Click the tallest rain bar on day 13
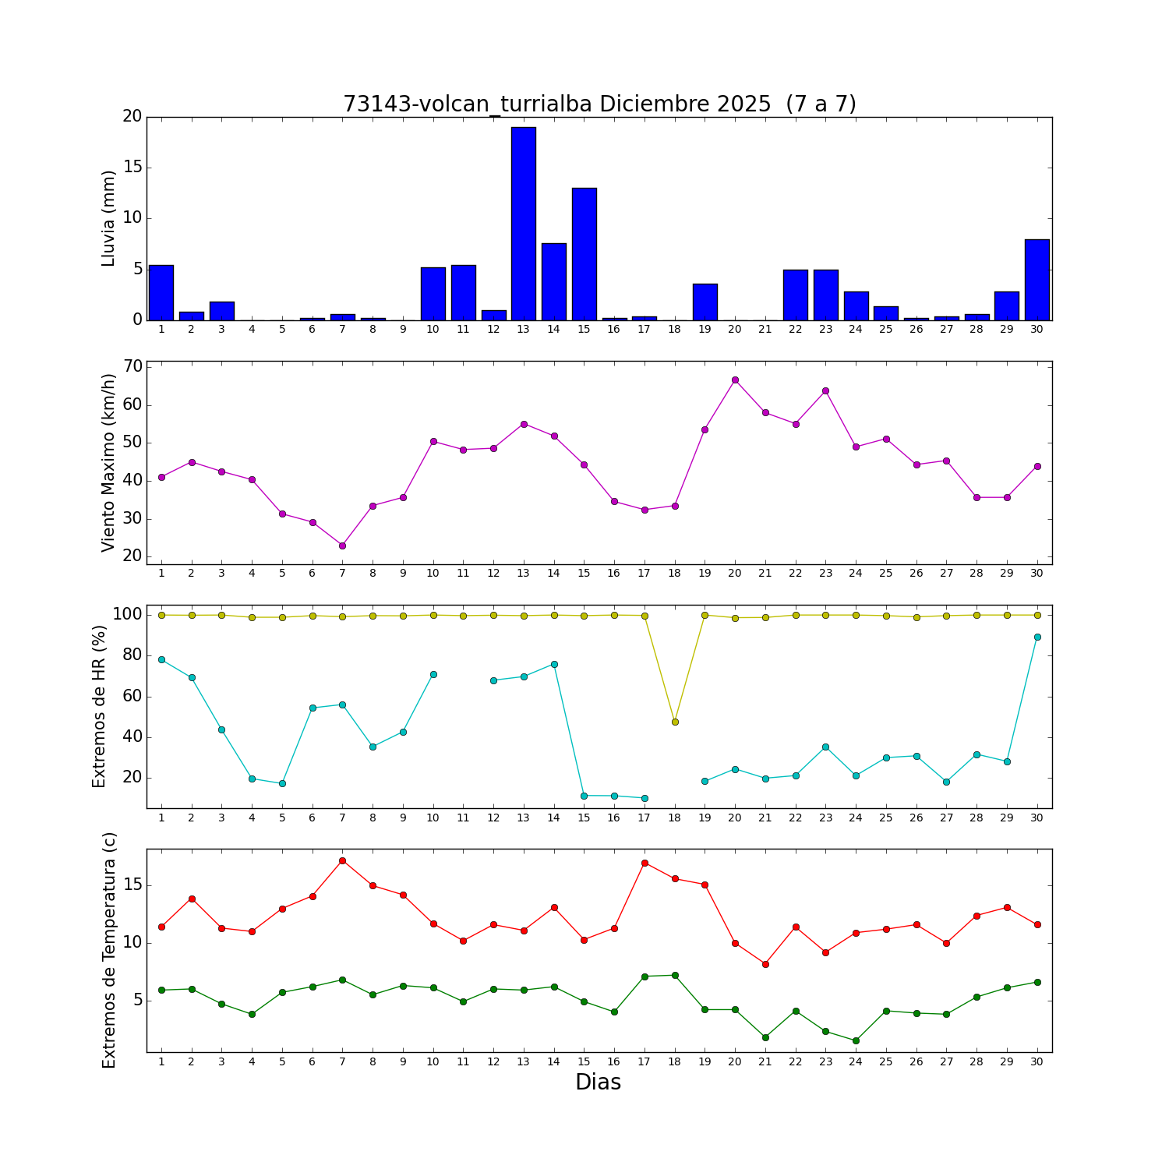click(x=523, y=223)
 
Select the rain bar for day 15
click(x=584, y=253)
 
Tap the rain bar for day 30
click(x=1037, y=279)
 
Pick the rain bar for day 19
click(x=705, y=302)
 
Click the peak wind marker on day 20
click(x=735, y=380)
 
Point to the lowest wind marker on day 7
click(x=342, y=546)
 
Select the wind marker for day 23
click(x=825, y=390)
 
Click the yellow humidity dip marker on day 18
click(x=675, y=722)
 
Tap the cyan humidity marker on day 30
click(x=1037, y=637)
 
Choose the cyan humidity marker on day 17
click(x=645, y=798)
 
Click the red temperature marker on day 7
click(x=342, y=860)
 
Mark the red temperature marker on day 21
click(x=765, y=964)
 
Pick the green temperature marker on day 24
click(x=856, y=1040)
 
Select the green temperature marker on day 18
click(x=675, y=975)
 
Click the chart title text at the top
click(x=599, y=104)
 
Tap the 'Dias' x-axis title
click(x=598, y=1082)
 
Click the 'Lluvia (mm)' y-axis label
click(x=109, y=218)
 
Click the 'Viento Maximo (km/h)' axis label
click(x=109, y=462)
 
